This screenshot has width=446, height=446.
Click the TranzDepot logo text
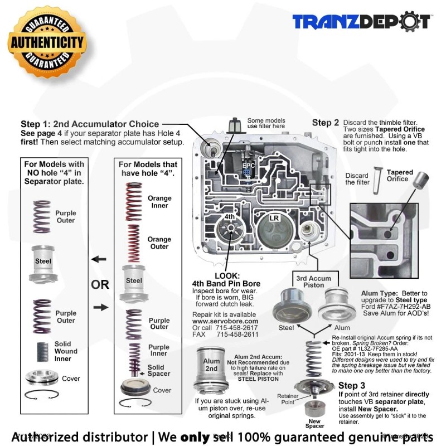pos(362,22)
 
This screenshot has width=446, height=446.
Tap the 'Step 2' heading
pos(326,123)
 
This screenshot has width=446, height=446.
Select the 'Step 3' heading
pos(352,385)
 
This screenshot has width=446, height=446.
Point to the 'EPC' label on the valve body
pos(248,166)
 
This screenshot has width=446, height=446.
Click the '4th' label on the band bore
pos(229,216)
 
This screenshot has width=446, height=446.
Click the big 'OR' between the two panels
pos(100,285)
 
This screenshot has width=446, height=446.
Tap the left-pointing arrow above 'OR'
pos(99,259)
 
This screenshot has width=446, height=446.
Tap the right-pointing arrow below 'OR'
pos(99,307)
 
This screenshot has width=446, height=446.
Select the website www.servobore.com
pos(225,321)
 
